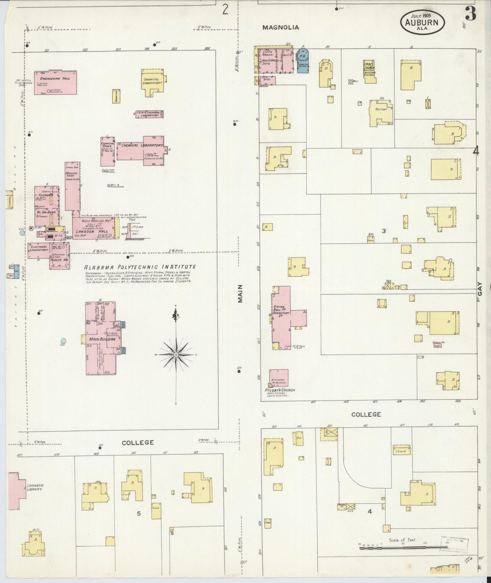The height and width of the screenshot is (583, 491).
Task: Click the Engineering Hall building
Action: (x=55, y=83)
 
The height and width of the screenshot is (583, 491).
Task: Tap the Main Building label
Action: (x=102, y=339)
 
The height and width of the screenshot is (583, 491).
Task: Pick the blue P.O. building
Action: (x=303, y=61)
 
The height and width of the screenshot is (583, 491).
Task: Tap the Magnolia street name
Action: (x=280, y=28)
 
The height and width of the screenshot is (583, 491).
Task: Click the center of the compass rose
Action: (x=176, y=355)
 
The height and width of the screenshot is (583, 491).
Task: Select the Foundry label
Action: (x=44, y=195)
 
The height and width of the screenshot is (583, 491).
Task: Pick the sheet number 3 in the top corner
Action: (x=471, y=14)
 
